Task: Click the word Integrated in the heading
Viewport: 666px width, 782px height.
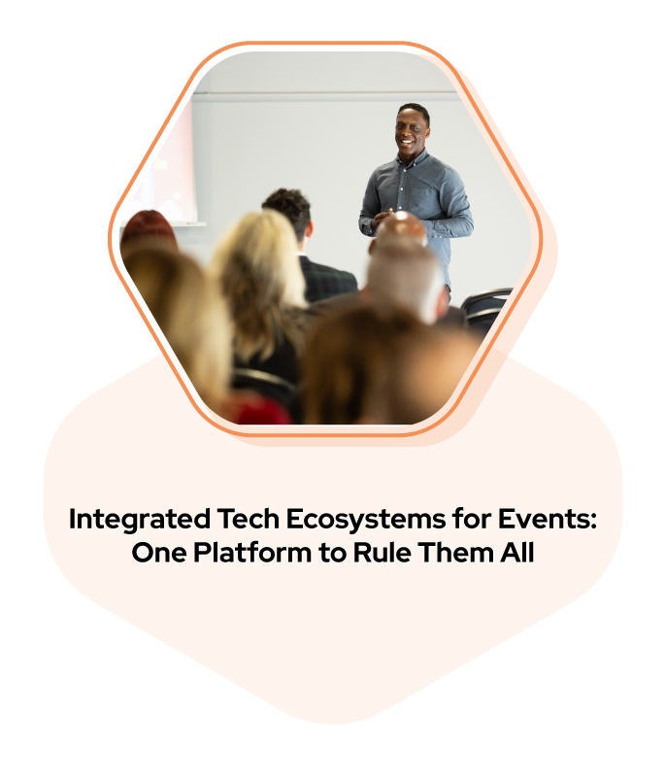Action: point(140,520)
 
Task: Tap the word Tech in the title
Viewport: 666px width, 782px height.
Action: point(249,519)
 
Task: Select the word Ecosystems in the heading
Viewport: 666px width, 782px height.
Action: point(365,520)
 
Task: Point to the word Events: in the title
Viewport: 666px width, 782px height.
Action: point(547,519)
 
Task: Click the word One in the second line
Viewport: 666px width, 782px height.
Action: point(158,552)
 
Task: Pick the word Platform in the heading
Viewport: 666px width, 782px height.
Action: point(252,552)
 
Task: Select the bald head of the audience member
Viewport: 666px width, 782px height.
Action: point(401,227)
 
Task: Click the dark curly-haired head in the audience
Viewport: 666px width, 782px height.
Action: point(288,211)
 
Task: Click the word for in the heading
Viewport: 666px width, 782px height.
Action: point(471,519)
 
